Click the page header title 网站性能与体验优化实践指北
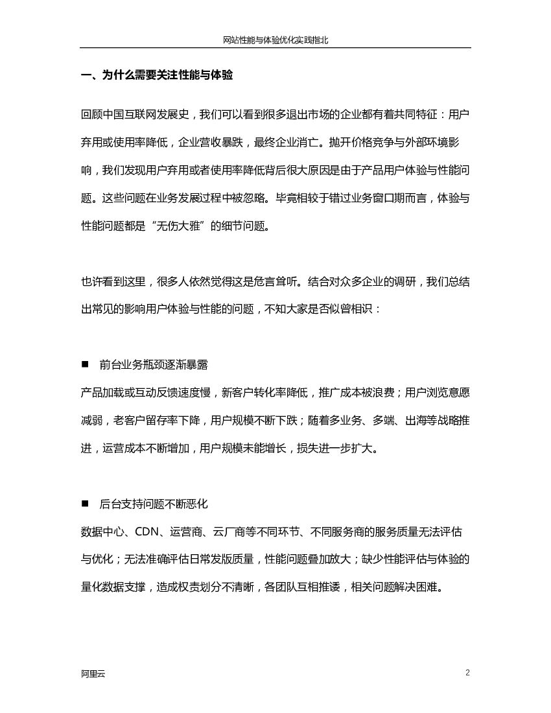tap(275, 40)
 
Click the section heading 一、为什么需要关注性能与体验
tap(156, 75)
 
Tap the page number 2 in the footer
tap(467, 672)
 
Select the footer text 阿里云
tap(93, 673)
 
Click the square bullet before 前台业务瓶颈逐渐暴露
tap(85, 364)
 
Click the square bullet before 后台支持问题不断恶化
tap(85, 503)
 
